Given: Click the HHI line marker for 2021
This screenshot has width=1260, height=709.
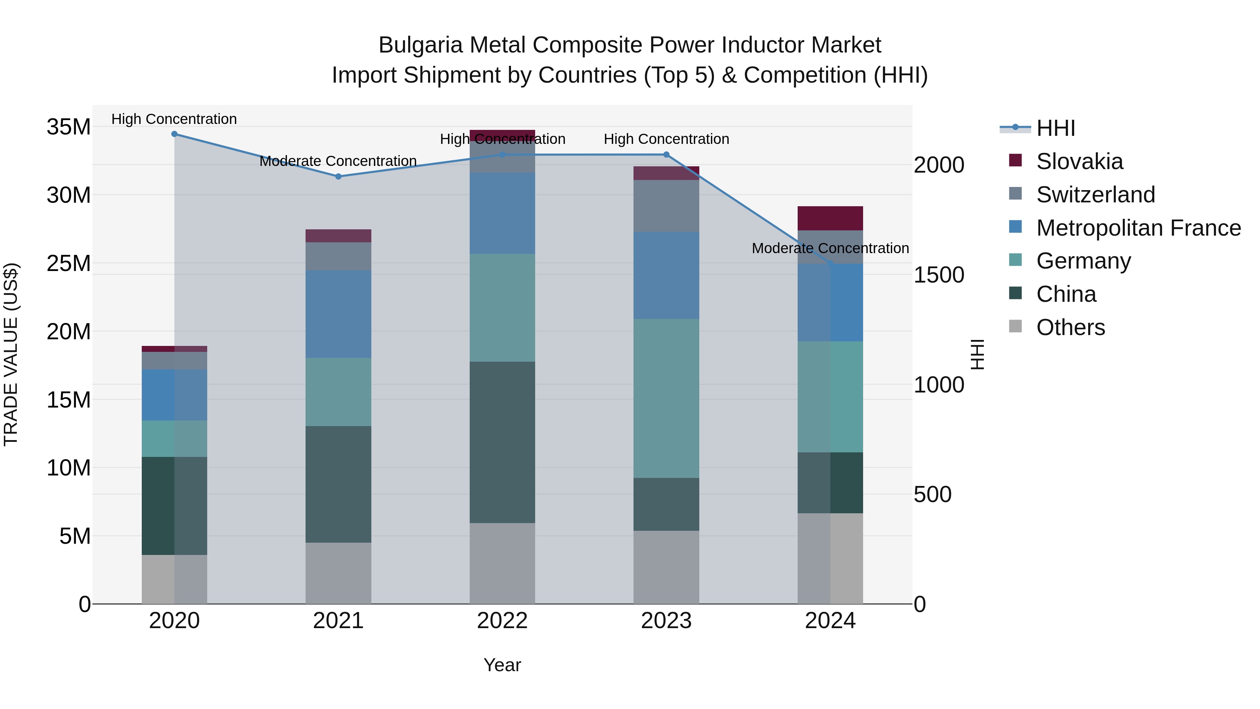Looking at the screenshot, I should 338,177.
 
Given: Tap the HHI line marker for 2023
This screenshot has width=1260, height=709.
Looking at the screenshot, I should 666,155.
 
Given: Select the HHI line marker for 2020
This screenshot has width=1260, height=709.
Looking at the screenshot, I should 174,134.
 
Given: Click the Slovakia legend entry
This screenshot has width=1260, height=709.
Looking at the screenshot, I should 1079,161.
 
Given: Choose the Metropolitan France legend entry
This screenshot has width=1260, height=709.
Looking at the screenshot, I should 1138,228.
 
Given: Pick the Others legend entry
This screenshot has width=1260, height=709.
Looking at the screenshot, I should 1070,327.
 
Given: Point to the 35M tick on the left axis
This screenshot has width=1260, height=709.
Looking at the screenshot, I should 69,127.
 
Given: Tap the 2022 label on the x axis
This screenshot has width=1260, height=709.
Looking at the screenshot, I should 502,621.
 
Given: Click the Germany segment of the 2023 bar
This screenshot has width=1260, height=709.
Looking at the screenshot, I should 666,398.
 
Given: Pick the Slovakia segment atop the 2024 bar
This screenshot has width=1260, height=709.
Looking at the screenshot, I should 830,218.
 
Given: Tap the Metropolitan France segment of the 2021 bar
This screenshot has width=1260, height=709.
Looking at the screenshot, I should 338,314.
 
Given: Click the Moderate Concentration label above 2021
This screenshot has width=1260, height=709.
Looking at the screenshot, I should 338,161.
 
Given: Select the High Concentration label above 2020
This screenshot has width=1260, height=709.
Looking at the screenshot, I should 174,119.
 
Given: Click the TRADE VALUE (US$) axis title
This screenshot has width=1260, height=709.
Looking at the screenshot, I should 11,354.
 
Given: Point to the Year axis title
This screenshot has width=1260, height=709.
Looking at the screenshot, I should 502,665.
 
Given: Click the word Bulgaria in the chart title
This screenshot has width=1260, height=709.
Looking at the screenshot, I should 420,46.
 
